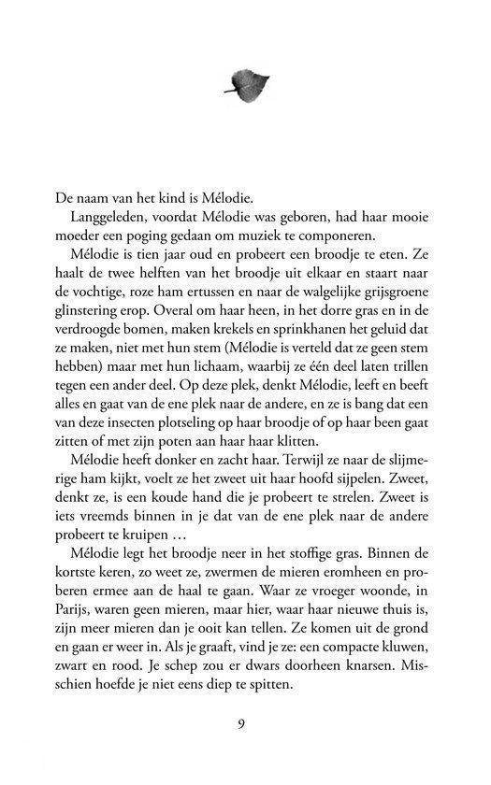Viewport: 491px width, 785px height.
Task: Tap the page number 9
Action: (244, 722)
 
